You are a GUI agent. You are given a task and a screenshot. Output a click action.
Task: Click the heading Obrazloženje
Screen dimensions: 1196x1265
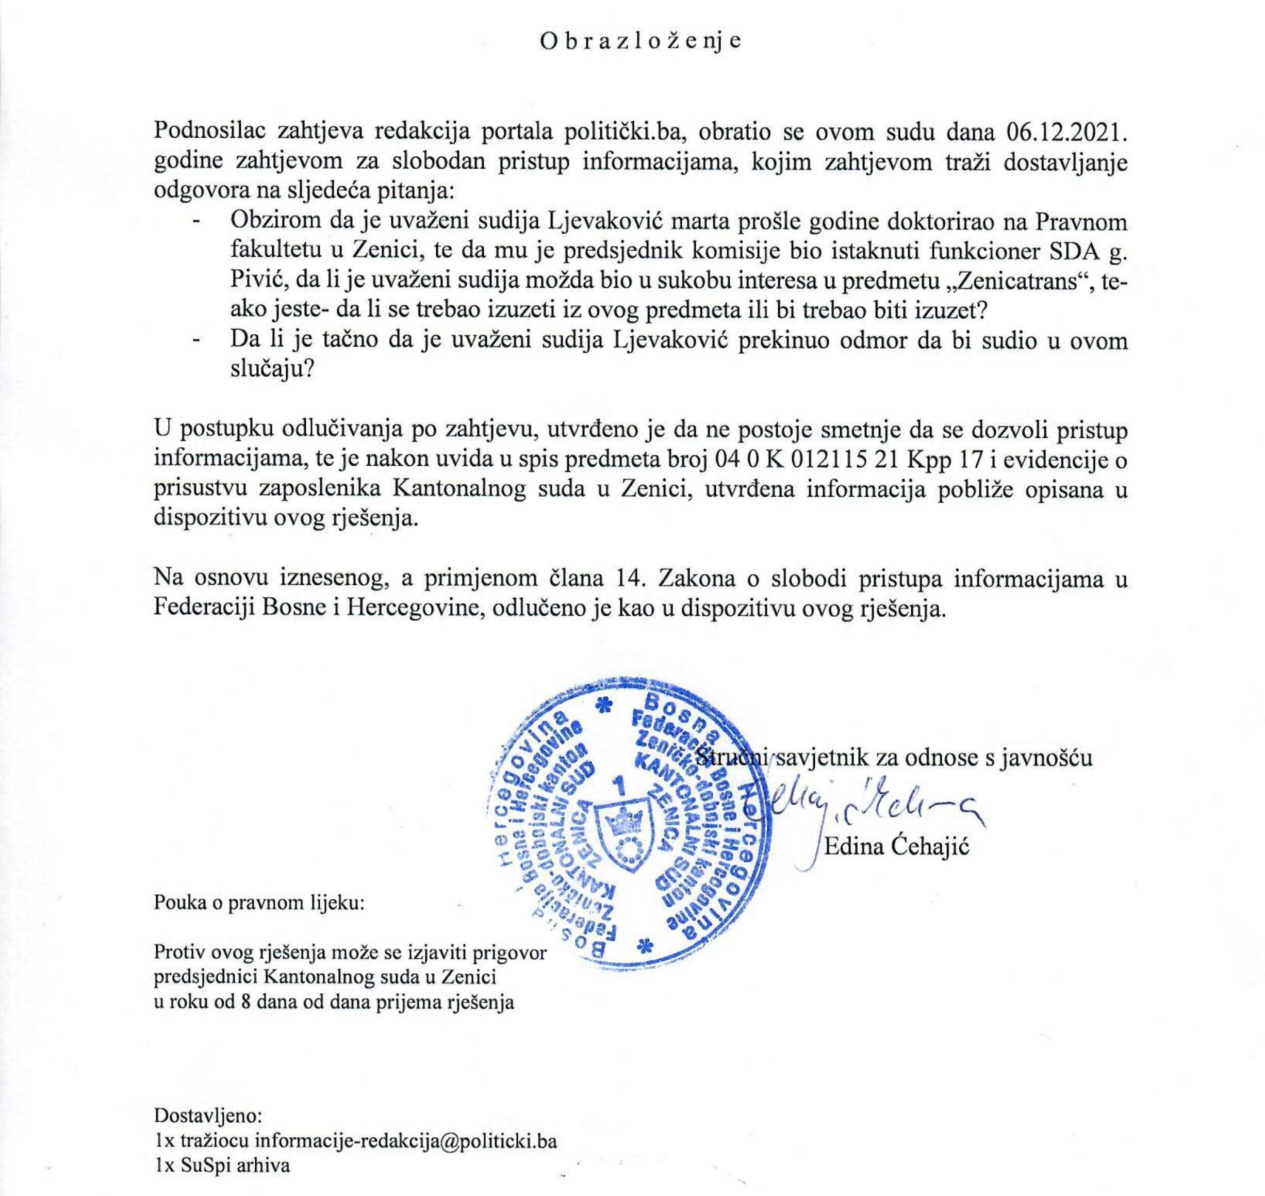pos(641,41)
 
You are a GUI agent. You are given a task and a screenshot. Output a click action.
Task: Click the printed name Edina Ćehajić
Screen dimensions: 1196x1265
pos(896,847)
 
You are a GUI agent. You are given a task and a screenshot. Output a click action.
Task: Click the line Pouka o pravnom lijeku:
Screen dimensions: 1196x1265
pos(259,904)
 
